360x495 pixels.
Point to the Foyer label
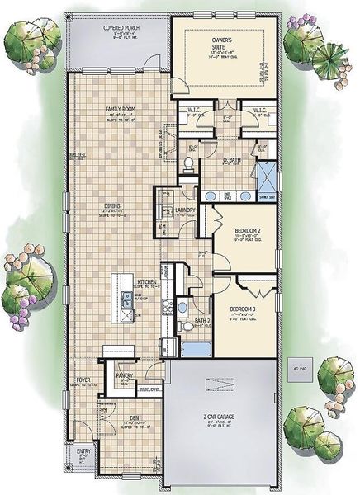pyautogui.click(x=83, y=381)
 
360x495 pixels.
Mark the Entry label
pyautogui.click(x=83, y=451)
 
